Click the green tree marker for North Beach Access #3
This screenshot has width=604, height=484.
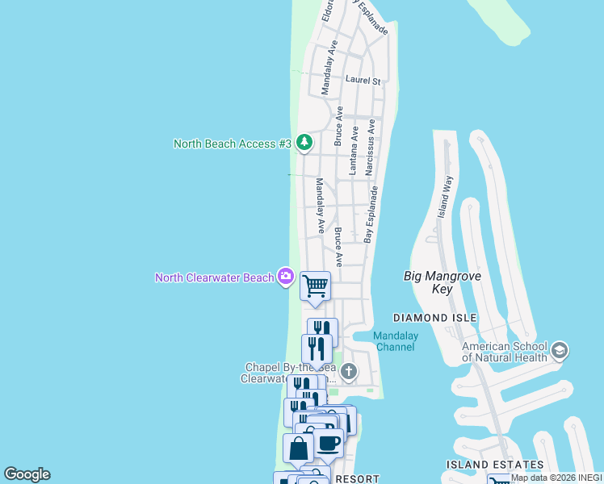304,144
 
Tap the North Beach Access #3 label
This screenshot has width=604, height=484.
232,144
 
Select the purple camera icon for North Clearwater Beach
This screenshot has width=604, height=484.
285,277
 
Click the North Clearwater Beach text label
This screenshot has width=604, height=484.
215,278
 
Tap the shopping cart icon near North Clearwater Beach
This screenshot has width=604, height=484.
315,286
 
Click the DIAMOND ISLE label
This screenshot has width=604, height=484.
434,319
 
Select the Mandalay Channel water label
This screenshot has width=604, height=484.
395,341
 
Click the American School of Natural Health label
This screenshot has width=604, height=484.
505,352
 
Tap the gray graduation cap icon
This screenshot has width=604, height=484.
560,351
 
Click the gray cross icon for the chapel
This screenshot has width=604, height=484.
349,372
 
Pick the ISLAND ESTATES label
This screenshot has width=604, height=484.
494,465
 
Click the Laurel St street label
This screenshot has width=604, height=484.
363,80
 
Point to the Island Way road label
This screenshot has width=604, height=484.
445,197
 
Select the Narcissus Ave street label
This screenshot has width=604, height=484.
370,148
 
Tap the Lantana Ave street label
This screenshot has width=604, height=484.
353,150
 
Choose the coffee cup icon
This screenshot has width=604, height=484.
329,443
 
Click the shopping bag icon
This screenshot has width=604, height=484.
298,449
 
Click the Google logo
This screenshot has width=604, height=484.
27,474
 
